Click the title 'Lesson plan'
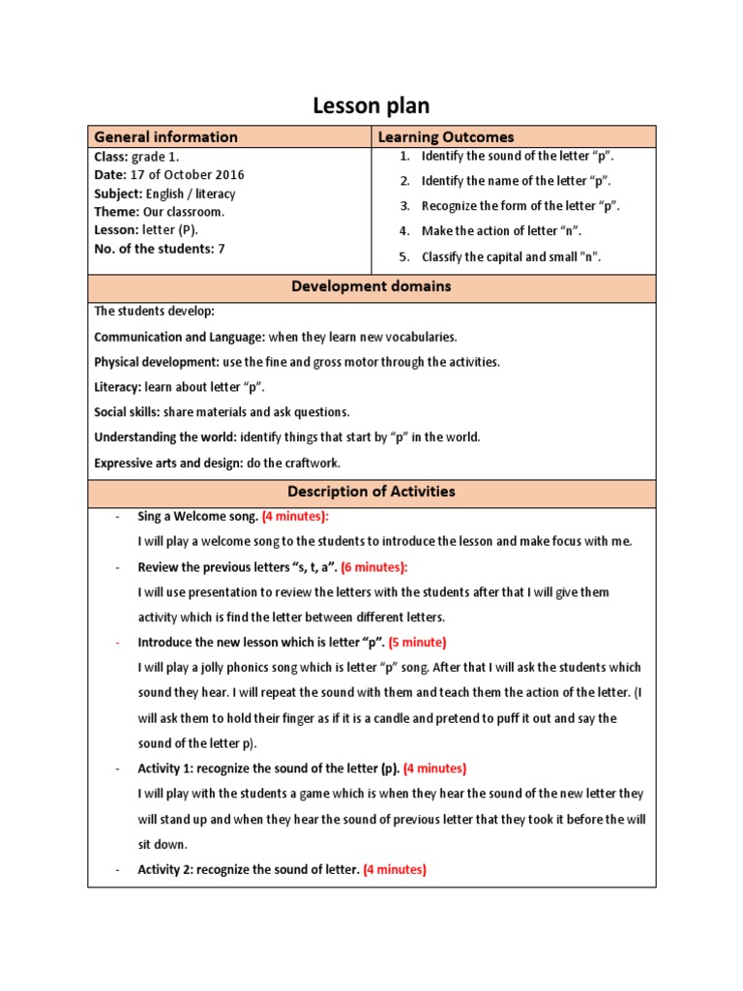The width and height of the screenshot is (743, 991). coord(371,105)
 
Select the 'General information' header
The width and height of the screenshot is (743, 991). coord(165,137)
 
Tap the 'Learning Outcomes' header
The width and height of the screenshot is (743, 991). coord(446,137)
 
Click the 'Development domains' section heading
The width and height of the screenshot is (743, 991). coord(371,287)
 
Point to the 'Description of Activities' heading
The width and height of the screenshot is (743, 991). coord(371,492)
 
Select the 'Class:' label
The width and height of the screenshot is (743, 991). coord(110,157)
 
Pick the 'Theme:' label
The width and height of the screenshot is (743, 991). coord(116,212)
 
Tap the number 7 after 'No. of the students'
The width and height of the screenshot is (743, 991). coord(222,249)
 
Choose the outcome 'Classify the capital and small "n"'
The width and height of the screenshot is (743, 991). coord(511,256)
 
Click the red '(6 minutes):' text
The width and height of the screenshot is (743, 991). coord(374,567)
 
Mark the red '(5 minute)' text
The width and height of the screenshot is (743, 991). coord(418,643)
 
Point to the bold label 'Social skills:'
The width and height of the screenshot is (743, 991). coord(127,412)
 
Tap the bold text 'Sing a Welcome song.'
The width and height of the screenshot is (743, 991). coord(197,517)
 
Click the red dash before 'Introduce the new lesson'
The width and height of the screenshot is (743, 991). coord(117,643)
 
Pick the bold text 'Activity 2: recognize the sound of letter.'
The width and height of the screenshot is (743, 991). coord(249,870)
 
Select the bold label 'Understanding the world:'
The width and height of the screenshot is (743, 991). coord(165,437)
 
